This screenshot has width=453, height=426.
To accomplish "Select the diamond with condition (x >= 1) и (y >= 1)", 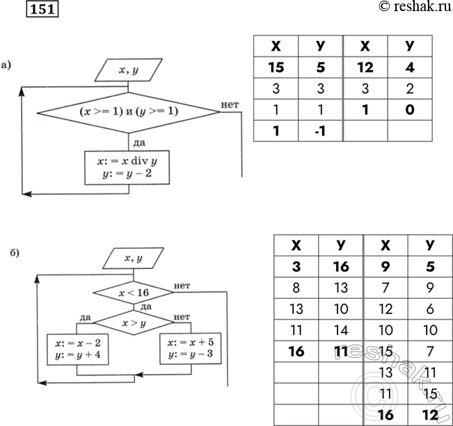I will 127,110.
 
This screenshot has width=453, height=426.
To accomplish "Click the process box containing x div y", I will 127,167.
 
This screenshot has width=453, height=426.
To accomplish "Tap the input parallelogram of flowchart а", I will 127,69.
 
